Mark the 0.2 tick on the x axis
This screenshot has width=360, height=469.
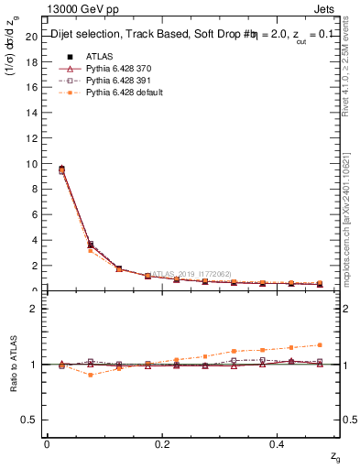click(162, 443)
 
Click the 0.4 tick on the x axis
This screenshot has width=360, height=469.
click(278, 443)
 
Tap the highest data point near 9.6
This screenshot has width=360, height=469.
click(61, 169)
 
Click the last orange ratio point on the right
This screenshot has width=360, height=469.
click(320, 344)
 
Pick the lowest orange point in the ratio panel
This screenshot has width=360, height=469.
click(90, 375)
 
